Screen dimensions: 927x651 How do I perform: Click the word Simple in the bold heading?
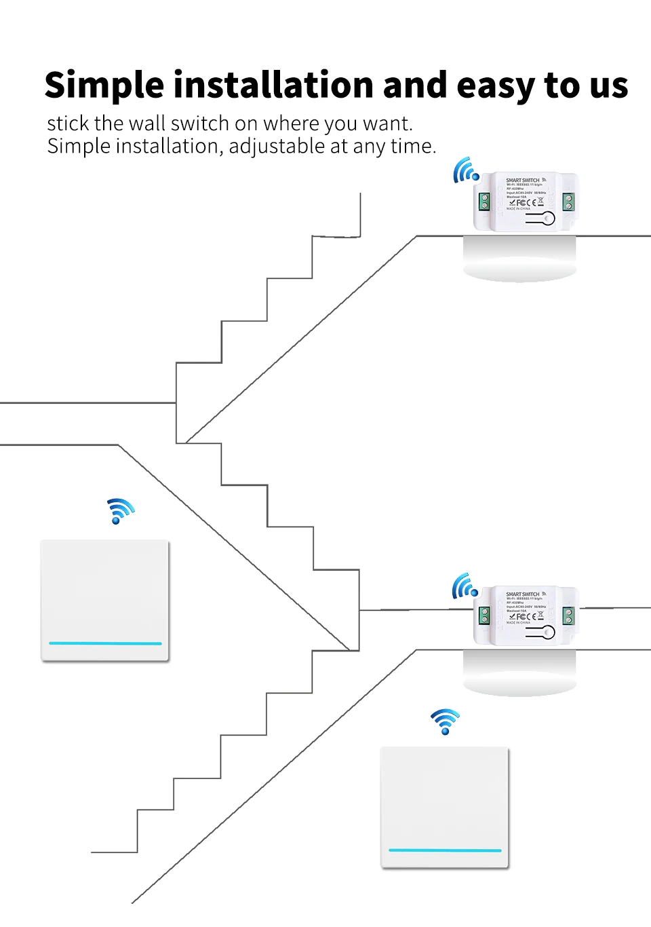104,86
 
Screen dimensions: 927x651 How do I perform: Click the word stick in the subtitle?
68,124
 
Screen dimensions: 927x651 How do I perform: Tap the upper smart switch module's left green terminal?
484,202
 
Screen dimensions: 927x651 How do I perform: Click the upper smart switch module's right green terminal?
568,202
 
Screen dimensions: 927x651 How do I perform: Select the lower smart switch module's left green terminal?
484,616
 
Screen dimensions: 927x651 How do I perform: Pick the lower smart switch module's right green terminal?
568,616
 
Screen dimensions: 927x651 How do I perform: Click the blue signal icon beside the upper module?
466,170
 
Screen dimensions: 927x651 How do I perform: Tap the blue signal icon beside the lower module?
465,586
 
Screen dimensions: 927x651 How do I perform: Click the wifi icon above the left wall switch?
120,510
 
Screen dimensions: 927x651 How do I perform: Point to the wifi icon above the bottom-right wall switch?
445,721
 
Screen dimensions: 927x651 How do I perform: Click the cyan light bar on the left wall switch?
105,643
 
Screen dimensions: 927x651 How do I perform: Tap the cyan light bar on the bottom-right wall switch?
445,850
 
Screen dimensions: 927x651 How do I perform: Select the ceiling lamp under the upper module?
519,259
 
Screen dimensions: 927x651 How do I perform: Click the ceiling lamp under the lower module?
519,673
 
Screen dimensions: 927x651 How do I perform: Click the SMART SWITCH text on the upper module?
522,181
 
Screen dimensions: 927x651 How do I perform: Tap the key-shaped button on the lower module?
540,632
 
